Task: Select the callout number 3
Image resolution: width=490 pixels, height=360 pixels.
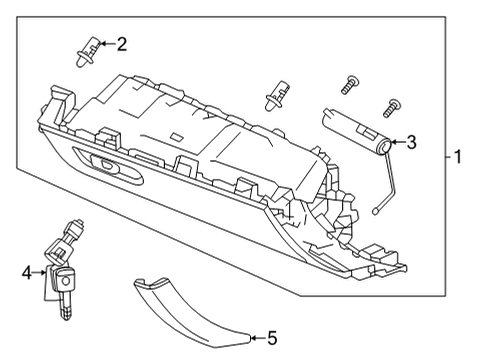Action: click(410, 143)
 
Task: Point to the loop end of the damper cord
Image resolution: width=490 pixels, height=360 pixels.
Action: click(375, 211)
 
